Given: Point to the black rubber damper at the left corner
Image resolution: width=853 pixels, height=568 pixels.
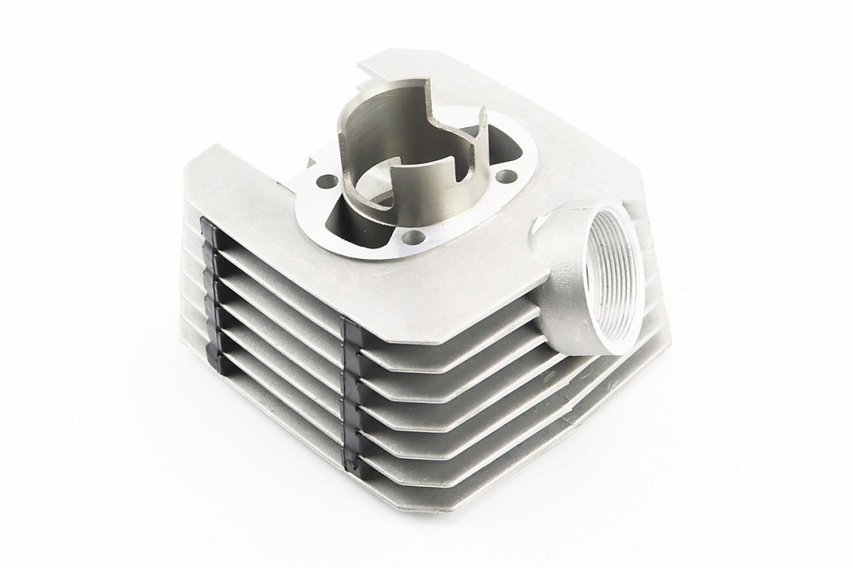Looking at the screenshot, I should pyautogui.click(x=206, y=255).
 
